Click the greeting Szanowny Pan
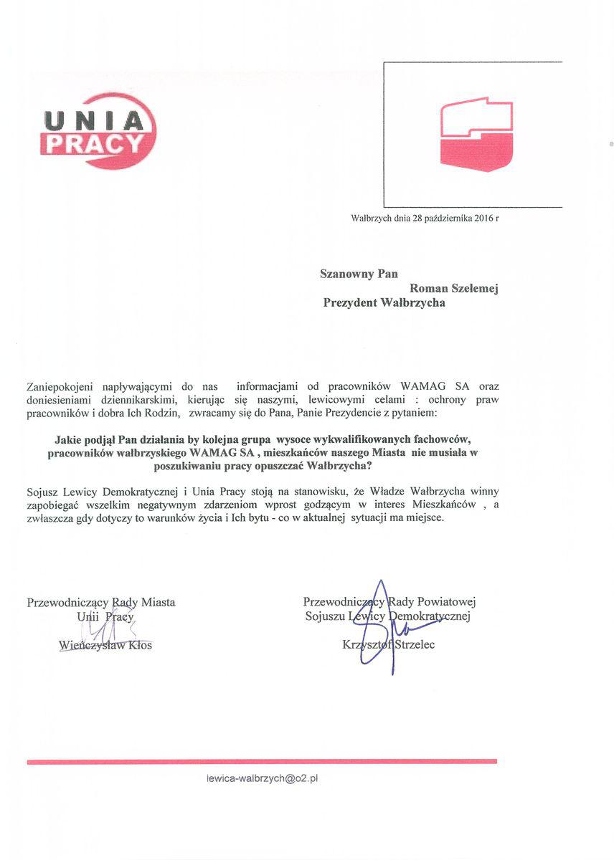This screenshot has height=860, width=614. coord(359,273)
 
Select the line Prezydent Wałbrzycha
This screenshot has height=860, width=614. coord(384,303)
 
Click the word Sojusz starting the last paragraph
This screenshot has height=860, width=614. coord(43,491)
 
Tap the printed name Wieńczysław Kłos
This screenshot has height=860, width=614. coord(105,645)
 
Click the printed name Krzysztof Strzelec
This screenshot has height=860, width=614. coord(389,644)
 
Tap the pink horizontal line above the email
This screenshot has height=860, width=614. coord(262,761)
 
